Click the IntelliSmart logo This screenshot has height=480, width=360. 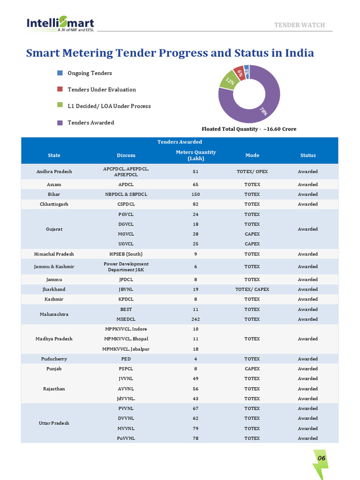60,24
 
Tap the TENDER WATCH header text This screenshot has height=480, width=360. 300,25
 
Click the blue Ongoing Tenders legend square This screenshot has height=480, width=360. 60,73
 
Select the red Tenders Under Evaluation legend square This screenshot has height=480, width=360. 60,89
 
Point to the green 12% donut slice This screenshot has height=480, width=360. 229,81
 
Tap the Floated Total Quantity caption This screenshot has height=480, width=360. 249,129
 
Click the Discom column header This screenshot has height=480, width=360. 126,155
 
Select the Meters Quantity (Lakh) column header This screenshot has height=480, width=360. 195,155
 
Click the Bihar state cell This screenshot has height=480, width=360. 54,195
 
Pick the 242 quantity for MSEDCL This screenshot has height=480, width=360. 195,319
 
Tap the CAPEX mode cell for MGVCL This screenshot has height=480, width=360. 252,234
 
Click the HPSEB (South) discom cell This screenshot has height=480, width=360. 126,254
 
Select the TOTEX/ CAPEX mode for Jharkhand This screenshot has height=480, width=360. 252,289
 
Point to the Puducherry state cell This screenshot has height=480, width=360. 54,359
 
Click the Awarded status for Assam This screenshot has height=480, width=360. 307,184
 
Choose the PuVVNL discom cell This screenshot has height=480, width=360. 126,438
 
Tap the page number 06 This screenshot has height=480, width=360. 322,458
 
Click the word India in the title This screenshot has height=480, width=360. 300,52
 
